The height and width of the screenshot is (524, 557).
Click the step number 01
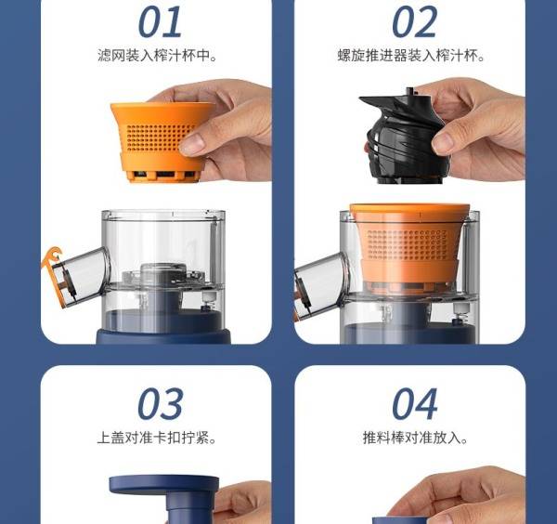coord(160,22)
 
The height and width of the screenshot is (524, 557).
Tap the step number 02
coord(414,22)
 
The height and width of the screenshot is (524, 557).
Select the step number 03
coord(161,404)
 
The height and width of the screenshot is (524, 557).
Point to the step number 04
coord(415,404)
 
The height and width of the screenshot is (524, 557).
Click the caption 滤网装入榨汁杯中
coord(157,56)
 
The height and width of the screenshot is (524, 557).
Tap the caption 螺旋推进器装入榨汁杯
coord(411,56)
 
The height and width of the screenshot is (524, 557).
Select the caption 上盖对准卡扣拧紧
coord(157,438)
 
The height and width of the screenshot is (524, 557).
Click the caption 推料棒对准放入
coord(415,438)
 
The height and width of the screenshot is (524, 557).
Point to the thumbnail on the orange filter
coord(194,143)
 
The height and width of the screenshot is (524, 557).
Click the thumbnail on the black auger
coord(444,141)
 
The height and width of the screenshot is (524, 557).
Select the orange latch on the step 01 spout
coord(53,274)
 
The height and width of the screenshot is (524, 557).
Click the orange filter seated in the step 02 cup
coord(409,245)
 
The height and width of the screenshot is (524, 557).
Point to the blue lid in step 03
coord(164,498)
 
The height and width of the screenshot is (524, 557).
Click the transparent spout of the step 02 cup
coord(319,284)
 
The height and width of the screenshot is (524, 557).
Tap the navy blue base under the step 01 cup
coord(163,336)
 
